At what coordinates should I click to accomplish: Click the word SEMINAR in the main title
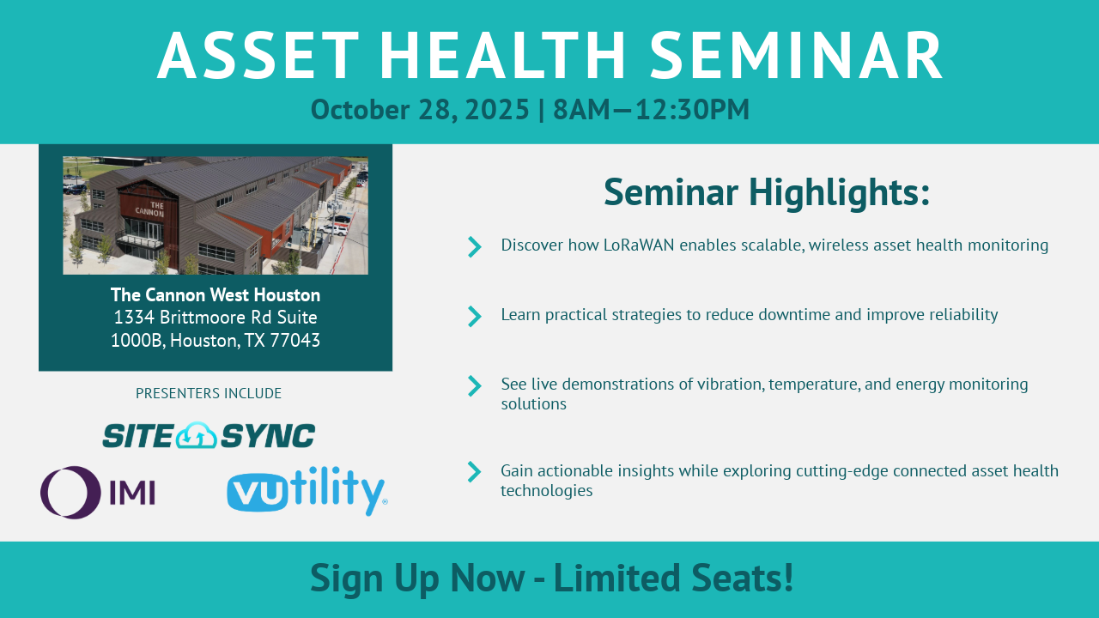click(x=796, y=55)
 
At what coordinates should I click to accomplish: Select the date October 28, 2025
click(x=420, y=109)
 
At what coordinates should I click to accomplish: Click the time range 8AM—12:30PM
click(x=651, y=109)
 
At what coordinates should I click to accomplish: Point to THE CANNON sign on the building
click(x=150, y=209)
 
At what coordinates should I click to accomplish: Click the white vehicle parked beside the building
click(x=333, y=229)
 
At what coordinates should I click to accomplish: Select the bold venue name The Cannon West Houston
click(x=216, y=294)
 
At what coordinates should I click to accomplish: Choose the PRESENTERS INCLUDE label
click(x=209, y=393)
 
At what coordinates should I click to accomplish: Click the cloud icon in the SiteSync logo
click(x=197, y=435)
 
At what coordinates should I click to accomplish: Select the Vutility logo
click(x=307, y=491)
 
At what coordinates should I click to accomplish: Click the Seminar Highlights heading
click(x=767, y=192)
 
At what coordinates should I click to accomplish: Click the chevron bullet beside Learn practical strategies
click(x=475, y=317)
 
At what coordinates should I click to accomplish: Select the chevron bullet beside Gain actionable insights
click(x=475, y=472)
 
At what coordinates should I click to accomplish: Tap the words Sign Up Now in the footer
click(x=417, y=579)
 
